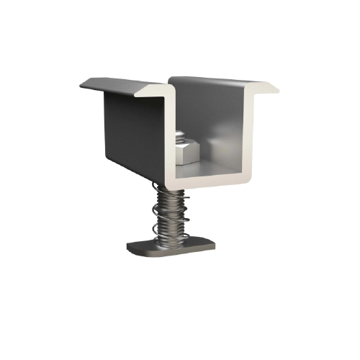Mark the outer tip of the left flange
[x=81, y=84]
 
